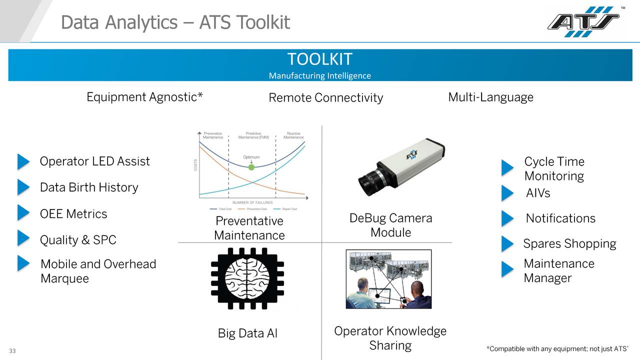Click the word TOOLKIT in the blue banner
point(320,59)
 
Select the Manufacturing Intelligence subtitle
point(320,76)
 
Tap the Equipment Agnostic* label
point(144,97)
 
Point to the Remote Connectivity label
point(325,98)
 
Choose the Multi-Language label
point(490,97)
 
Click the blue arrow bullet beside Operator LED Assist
point(23,161)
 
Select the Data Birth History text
point(89,187)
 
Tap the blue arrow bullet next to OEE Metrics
point(23,212)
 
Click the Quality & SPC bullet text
point(78,240)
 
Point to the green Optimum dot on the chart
point(251,167)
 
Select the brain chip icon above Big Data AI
point(247,278)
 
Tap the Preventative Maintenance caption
point(249,228)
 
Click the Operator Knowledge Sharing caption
point(390,338)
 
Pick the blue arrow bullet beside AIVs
point(507,193)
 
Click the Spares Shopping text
point(569,244)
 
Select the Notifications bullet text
point(560,218)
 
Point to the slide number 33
point(12,351)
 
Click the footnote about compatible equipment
point(557,348)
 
